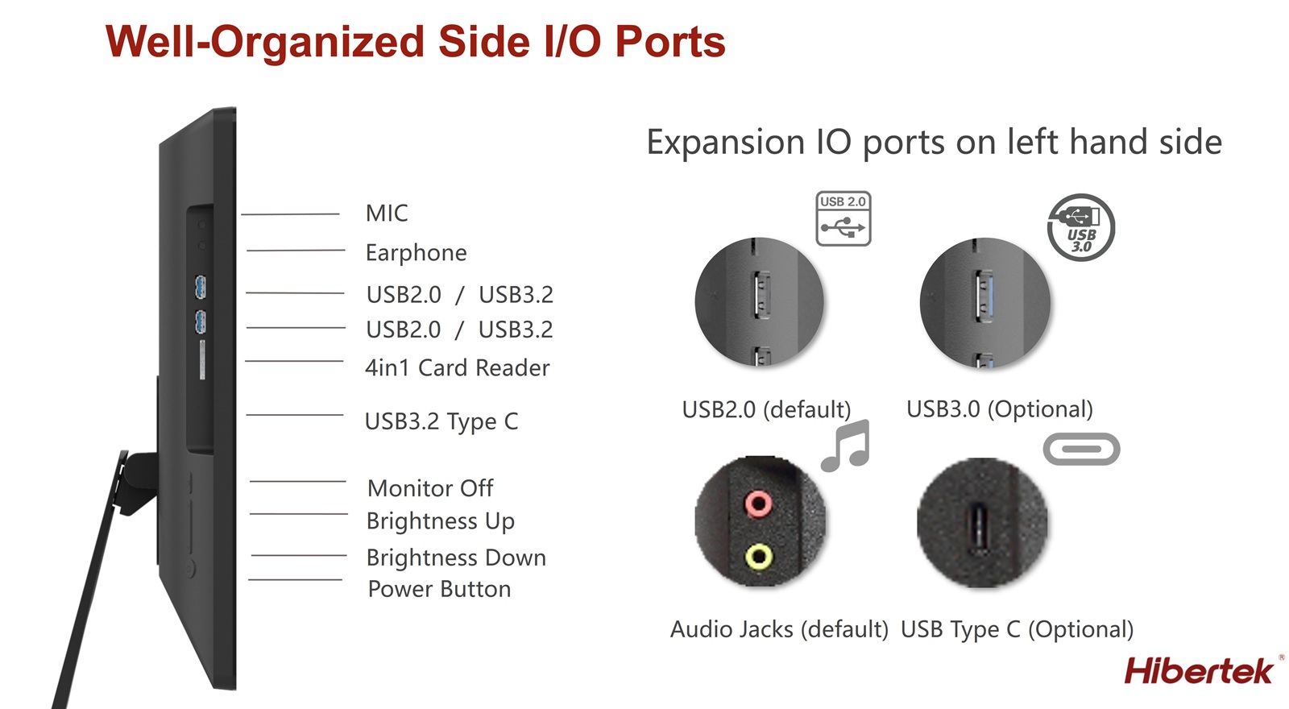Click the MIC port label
tap(387, 214)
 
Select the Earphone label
tap(416, 253)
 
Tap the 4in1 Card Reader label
tap(457, 367)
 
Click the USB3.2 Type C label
tap(441, 421)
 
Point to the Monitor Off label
tap(430, 488)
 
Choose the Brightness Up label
tap(440, 521)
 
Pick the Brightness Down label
tap(456, 558)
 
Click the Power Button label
tap(439, 589)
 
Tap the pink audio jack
tap(758, 504)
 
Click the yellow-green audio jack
tap(759, 557)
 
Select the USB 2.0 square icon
tap(843, 218)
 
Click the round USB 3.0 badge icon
tap(1080, 227)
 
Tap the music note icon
tap(845, 446)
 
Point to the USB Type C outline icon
tap(1081, 449)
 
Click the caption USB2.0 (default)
tap(766, 410)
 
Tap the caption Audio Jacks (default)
tap(779, 629)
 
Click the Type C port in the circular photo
tap(979, 527)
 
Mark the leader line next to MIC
tap(290, 214)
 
